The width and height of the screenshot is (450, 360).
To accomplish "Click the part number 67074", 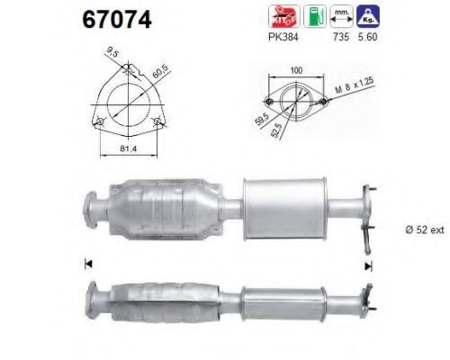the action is click(117, 20).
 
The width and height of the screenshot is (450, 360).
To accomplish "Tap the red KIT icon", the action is click(283, 16).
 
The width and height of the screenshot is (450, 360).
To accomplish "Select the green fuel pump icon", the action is click(315, 16).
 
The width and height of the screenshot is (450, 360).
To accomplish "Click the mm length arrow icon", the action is click(341, 16).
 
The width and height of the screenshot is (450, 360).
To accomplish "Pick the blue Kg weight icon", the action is click(368, 16).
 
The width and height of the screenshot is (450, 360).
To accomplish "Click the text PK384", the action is click(283, 37).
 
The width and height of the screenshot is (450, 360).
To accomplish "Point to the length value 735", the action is click(341, 37).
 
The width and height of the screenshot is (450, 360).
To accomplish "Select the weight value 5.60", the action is click(368, 37).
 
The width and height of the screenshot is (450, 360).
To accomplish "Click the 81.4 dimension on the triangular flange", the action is click(128, 148).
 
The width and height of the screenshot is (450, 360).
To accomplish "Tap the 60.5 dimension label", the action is click(161, 72).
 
